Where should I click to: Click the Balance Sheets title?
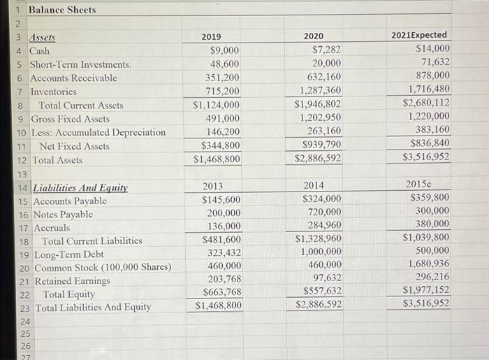[x=61, y=10]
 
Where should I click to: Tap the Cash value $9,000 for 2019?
[x=224, y=50]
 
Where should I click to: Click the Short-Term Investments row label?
[x=80, y=64]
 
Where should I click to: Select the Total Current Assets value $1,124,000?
[x=217, y=105]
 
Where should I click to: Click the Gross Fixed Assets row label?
[x=70, y=119]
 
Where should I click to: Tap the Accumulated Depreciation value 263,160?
[x=324, y=131]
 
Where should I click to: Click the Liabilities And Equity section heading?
[x=78, y=187]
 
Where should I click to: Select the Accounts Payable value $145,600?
[x=221, y=200]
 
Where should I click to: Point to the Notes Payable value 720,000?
[x=324, y=212]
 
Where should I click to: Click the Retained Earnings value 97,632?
[x=326, y=278]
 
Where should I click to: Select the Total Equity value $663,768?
[x=221, y=291]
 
